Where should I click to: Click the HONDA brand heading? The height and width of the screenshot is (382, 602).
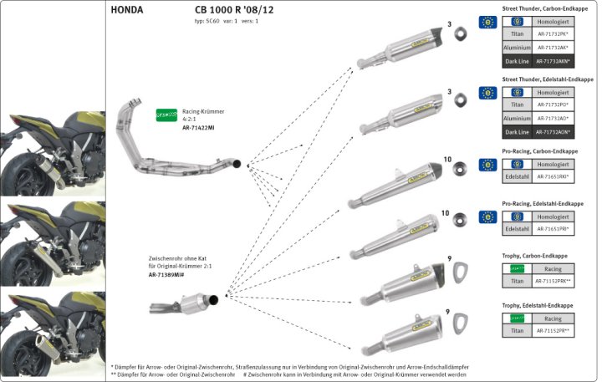tap(127, 11)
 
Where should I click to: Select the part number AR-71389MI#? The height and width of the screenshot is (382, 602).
tap(167, 274)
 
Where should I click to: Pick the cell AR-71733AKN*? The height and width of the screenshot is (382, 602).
tap(553, 61)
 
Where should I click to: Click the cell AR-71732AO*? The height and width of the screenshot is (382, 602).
tap(553, 119)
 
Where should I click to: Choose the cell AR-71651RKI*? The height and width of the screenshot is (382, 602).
tap(553, 177)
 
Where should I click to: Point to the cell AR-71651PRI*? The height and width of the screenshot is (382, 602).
tap(553, 229)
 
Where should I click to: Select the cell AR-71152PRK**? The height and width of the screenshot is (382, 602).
tap(553, 281)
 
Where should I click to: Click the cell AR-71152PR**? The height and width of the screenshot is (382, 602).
tap(553, 332)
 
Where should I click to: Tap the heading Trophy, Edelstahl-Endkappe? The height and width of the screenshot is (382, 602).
tap(537, 306)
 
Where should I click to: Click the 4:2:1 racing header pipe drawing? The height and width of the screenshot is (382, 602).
tap(181, 142)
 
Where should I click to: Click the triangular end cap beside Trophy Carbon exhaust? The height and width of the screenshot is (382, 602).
tap(457, 272)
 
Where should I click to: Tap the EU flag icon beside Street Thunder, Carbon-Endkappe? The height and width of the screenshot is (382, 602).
tap(488, 23)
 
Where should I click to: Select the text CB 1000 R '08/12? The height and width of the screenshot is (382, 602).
tap(222, 11)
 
